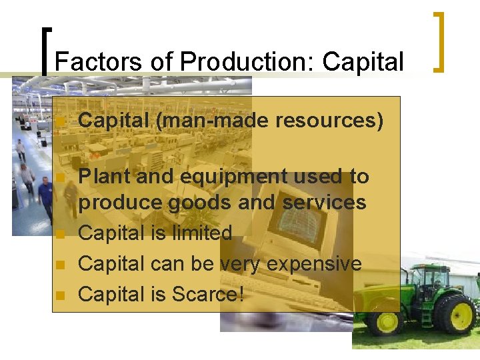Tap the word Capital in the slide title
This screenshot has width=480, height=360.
pyautogui.click(x=363, y=61)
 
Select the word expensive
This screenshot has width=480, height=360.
pyautogui.click(x=314, y=264)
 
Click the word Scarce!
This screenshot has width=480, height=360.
pyautogui.click(x=207, y=294)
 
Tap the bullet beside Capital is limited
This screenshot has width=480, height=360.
pyautogui.click(x=60, y=235)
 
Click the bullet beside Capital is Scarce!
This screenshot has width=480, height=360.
pyautogui.click(x=60, y=295)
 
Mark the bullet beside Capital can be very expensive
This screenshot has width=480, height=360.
pyautogui.click(x=60, y=265)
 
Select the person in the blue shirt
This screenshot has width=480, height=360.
pyautogui.click(x=45, y=199)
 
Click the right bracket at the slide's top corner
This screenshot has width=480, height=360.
pyautogui.click(x=439, y=41)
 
